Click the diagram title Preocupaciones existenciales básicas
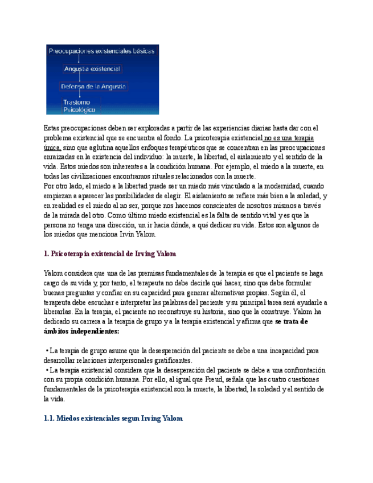[101, 51]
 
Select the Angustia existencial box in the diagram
[92, 69]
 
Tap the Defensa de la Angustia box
[94, 87]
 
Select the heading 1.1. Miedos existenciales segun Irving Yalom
[113, 419]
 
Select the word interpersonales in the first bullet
[136, 361]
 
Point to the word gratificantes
[177, 361]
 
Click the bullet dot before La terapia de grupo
[47, 351]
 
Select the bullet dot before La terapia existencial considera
[47, 370]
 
